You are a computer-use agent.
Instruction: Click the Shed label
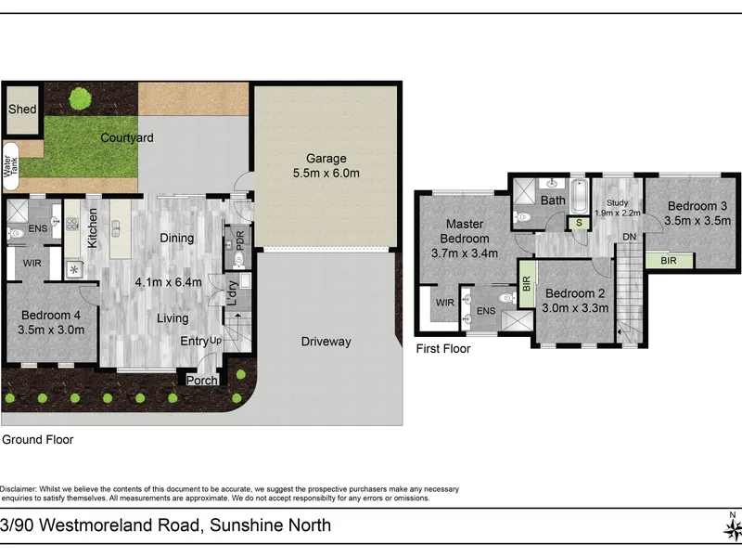pos(22,109)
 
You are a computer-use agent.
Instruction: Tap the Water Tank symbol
pos(10,166)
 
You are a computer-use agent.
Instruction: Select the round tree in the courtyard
pos(81,98)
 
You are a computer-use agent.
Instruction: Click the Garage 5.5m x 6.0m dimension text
pos(326,174)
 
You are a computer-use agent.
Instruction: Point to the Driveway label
pos(326,342)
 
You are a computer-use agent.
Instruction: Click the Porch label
pos(202,381)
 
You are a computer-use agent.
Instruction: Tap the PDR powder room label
pos(240,240)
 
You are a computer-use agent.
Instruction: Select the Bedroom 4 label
pos(51,315)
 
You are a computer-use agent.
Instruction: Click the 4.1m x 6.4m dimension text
pos(169,282)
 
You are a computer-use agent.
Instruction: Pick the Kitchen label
pos(93,227)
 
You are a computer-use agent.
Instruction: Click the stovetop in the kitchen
pos(72,223)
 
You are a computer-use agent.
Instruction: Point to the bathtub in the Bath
pos(579,196)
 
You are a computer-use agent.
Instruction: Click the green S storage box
pos(579,223)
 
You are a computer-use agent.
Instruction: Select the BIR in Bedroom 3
pos(669,261)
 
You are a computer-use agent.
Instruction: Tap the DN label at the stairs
pos(630,237)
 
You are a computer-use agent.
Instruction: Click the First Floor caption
pos(443,349)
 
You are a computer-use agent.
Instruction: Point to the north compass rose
pos(733,527)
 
